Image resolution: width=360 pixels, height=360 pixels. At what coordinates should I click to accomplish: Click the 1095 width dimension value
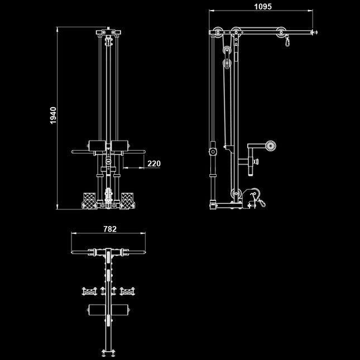[262, 7]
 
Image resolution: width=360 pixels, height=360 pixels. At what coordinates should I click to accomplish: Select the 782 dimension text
[110, 229]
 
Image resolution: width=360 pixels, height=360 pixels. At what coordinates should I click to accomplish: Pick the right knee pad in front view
[119, 147]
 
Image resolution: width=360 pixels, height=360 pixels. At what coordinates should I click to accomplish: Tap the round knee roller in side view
[271, 146]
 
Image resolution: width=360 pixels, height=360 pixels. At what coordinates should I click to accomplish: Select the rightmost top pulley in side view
[279, 33]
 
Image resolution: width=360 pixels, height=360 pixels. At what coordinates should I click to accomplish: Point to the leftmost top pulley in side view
[218, 32]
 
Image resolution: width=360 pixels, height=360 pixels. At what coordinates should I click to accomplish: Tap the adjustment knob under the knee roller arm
[256, 162]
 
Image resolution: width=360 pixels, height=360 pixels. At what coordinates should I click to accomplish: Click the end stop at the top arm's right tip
[314, 33]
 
